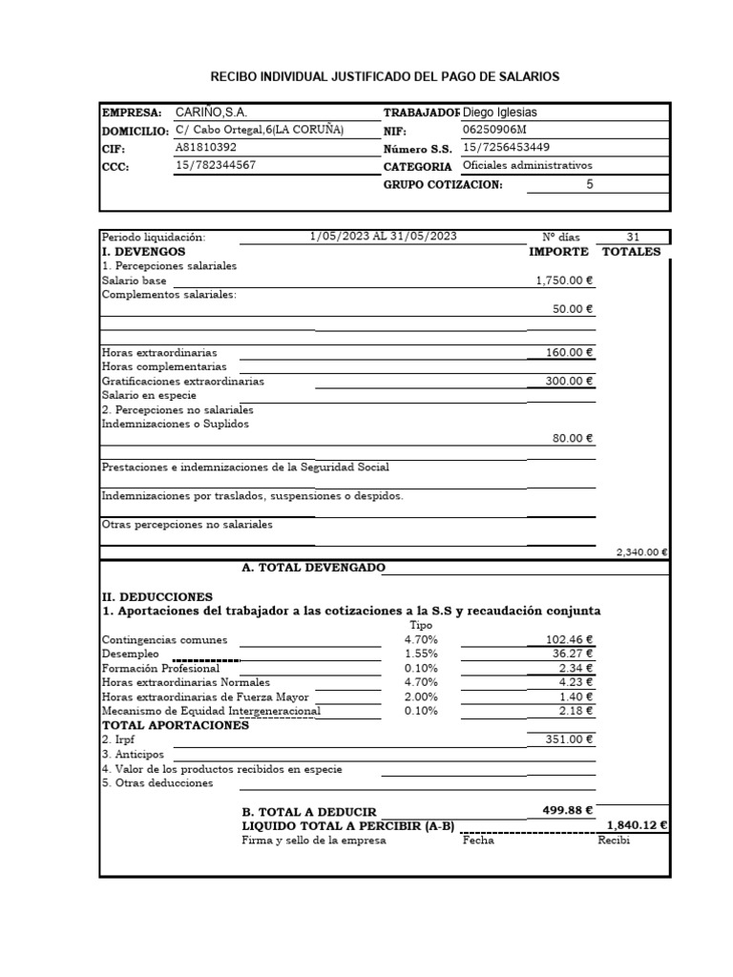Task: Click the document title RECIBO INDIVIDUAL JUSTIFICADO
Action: tap(385, 75)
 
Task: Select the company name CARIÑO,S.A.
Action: tap(211, 113)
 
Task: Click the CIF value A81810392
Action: tap(206, 148)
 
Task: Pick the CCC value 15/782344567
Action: tap(216, 166)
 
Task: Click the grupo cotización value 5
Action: tap(589, 184)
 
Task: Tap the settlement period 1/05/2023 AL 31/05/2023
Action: tap(384, 238)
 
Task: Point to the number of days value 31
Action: tap(634, 238)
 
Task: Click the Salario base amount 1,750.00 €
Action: tap(564, 281)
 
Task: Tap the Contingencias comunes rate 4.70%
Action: tap(421, 640)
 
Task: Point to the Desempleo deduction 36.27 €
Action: tap(573, 655)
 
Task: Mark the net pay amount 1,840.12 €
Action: tap(637, 826)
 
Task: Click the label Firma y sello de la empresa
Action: tap(314, 841)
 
